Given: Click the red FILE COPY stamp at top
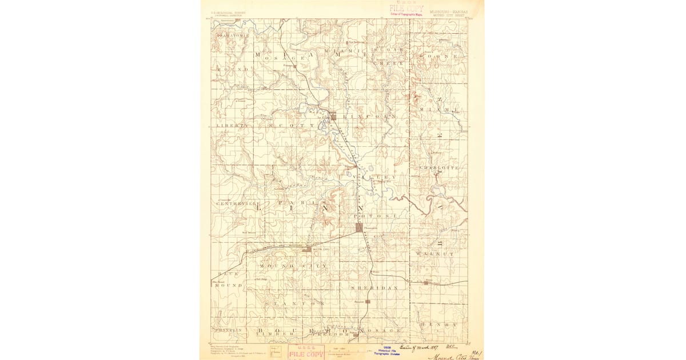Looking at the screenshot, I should (406, 8).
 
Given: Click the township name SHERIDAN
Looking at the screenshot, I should (374, 288).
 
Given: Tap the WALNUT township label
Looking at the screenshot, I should (435, 253).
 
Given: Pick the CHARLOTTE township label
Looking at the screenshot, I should (439, 167).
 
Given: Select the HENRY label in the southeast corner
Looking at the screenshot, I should (438, 324).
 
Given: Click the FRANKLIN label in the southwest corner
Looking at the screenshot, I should (229, 330).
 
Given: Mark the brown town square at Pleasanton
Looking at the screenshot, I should (359, 227).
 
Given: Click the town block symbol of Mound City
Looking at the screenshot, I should (307, 249).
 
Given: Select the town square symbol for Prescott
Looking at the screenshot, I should (368, 301).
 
